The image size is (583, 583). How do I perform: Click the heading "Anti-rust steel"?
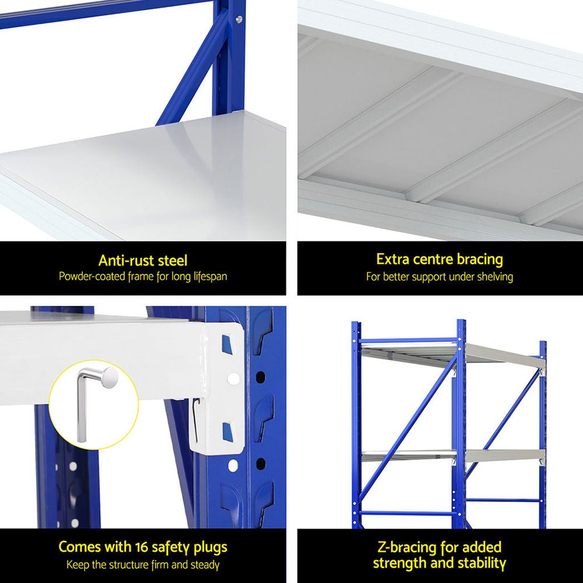tap(143, 260)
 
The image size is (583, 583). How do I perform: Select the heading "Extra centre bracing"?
tap(440, 259)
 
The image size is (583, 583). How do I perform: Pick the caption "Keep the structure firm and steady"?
tap(143, 564)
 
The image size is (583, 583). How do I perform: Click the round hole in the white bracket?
tap(233, 378)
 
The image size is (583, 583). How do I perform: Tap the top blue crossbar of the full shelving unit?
tap(408, 339)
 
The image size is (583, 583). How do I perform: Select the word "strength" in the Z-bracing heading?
tap(402, 563)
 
